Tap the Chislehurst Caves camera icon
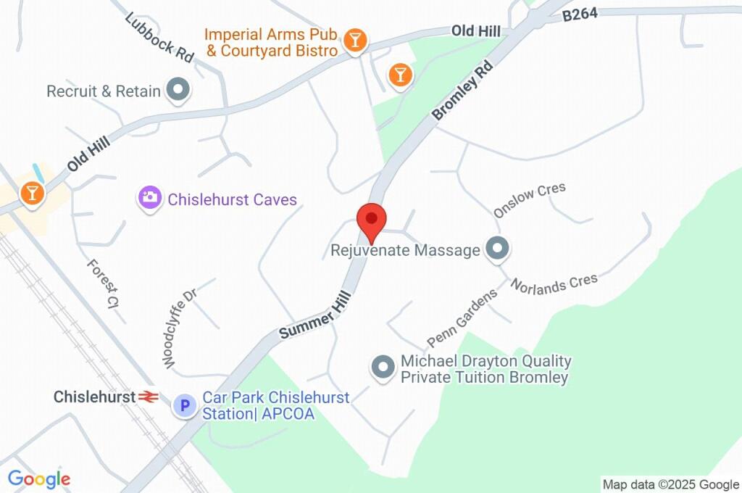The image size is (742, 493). click(149, 197)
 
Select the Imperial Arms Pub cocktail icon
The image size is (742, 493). click(355, 41)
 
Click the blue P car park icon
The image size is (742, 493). click(185, 405)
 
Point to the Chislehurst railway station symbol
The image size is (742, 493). click(149, 397)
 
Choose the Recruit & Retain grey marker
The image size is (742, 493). click(178, 91)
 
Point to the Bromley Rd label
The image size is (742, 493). click(462, 90)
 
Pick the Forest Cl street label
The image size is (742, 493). click(103, 285)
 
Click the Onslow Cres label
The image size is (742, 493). click(530, 200)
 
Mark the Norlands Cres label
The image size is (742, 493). click(554, 283)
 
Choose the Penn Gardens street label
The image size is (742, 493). click(462, 318)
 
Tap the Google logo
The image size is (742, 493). click(39, 478)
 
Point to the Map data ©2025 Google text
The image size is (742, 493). click(671, 484)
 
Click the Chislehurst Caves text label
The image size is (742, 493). click(233, 199)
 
